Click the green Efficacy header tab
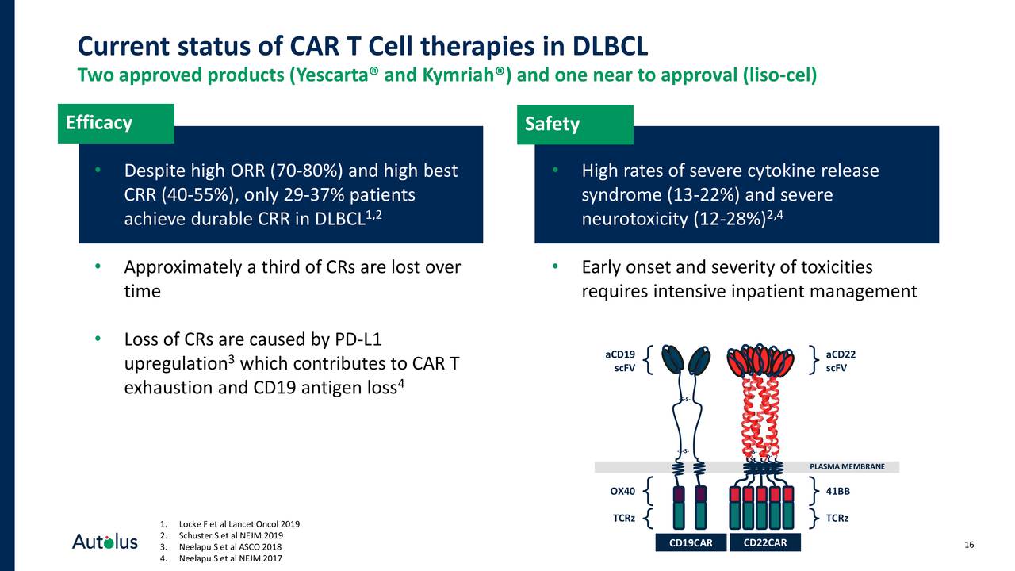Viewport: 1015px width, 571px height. (116, 124)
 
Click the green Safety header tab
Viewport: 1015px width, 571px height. (575, 125)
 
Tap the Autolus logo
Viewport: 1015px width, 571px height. (105, 542)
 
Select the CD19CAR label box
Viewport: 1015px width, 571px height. (691, 543)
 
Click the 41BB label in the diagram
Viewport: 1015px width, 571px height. (837, 491)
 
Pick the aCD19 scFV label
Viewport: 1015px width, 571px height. (619, 361)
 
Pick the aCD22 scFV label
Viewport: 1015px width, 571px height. (840, 361)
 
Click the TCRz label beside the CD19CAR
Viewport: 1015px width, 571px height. (623, 519)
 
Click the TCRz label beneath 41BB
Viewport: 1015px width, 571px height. (837, 519)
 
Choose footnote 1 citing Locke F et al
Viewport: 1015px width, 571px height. (229, 524)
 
